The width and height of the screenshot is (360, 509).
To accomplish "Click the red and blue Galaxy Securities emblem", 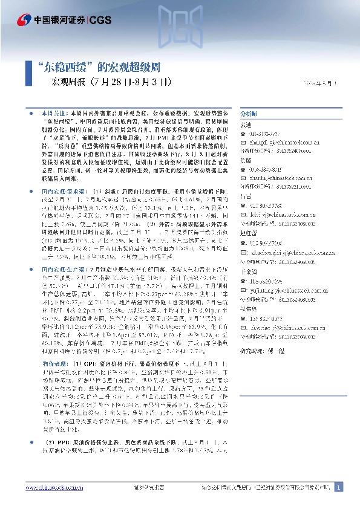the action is [25, 19].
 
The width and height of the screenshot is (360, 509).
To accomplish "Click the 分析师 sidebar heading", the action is [249, 114].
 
